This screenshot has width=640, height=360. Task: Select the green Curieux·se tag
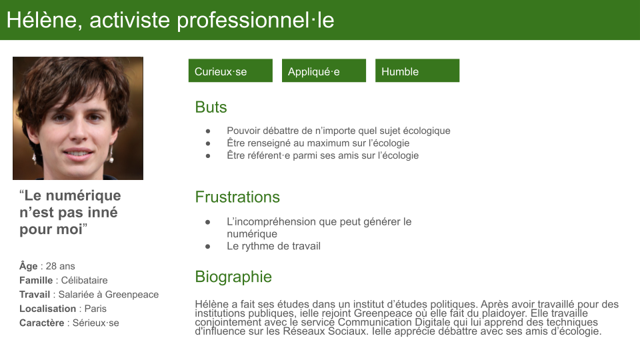(230, 71)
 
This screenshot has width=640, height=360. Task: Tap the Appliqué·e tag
(324, 71)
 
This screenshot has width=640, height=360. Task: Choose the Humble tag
(417, 71)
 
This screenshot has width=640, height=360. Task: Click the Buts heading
(211, 107)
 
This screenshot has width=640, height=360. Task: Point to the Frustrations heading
(237, 197)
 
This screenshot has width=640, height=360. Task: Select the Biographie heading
(233, 277)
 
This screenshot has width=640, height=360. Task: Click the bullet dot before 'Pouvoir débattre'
(208, 131)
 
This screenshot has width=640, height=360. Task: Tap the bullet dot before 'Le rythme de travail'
(208, 247)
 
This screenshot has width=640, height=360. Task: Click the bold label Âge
(28, 266)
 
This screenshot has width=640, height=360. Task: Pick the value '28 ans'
(61, 266)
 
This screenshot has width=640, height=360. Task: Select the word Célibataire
(85, 281)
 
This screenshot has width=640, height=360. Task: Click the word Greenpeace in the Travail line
(132, 295)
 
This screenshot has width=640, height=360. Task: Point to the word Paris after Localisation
(95, 309)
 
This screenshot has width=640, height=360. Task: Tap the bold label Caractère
(41, 323)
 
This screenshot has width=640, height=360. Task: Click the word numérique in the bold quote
(83, 196)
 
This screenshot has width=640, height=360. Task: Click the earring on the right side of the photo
(111, 155)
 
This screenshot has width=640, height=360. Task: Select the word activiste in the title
(130, 20)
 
